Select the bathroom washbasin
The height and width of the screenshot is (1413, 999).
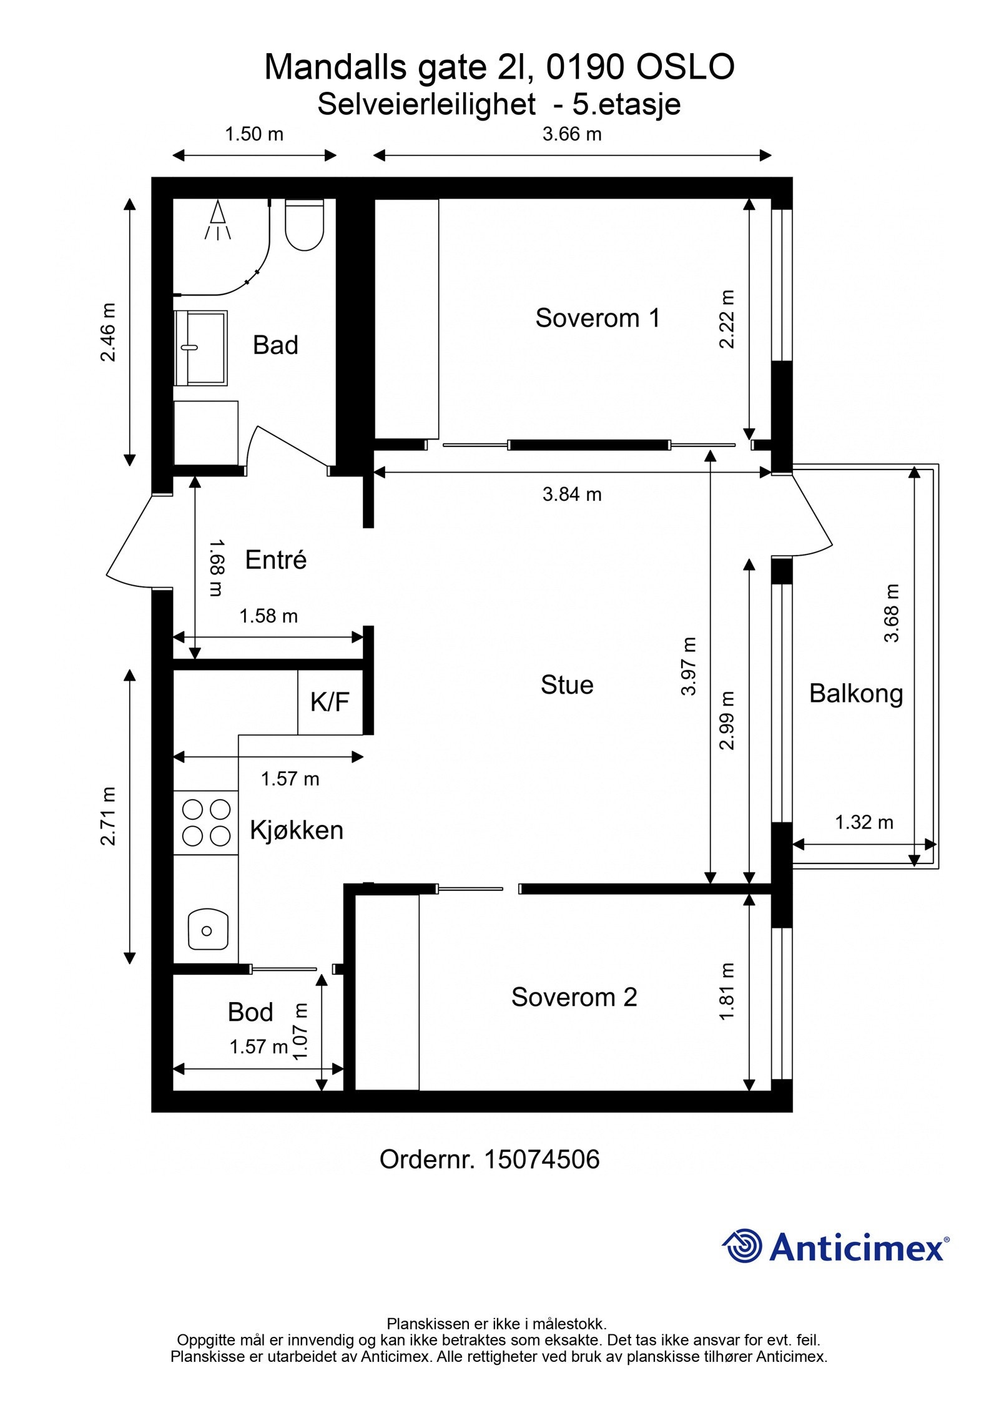(x=201, y=347)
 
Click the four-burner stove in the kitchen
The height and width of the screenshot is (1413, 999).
(x=205, y=822)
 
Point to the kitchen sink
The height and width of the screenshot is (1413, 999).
(x=208, y=930)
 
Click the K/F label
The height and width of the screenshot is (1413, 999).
(x=330, y=702)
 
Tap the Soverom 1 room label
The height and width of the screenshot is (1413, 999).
(x=597, y=318)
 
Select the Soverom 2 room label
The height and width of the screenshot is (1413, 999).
(x=573, y=997)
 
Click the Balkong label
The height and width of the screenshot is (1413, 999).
(x=855, y=693)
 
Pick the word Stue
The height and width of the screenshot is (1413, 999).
(x=566, y=685)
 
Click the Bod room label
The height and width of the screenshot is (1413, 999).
(x=250, y=1012)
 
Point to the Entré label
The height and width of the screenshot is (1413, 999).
(x=275, y=559)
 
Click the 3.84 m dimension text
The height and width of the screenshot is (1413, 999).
(x=571, y=495)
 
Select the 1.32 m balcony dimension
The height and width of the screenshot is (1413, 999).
(x=864, y=822)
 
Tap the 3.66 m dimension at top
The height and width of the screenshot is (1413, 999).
(x=571, y=134)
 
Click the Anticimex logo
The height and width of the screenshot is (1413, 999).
(x=835, y=1248)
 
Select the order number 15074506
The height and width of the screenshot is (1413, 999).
(x=541, y=1159)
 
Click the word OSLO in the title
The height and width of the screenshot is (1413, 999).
(x=684, y=67)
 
